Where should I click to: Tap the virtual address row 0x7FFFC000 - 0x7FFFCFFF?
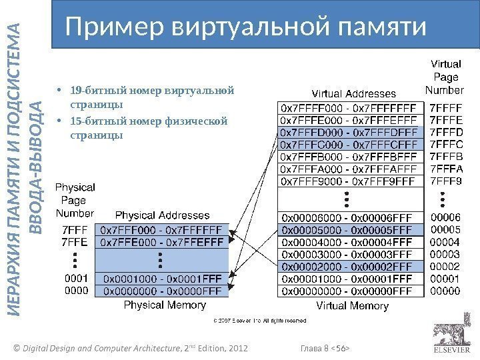coord(350,145)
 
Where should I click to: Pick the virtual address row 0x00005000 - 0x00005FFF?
coord(350,230)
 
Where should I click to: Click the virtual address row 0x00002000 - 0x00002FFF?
coord(350,266)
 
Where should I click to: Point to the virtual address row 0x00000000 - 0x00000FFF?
coord(350,290)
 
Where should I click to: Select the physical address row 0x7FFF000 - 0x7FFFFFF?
coord(163,230)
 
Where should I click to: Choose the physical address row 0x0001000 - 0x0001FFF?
coord(163,278)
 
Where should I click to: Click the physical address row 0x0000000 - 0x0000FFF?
coord(163,290)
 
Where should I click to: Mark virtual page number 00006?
coord(445,217)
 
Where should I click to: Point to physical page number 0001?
coord(75,278)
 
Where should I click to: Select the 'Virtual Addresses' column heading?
coord(354,94)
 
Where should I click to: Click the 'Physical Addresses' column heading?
coord(163,215)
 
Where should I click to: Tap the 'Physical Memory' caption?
coord(163,305)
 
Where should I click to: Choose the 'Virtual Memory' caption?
coord(352,306)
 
